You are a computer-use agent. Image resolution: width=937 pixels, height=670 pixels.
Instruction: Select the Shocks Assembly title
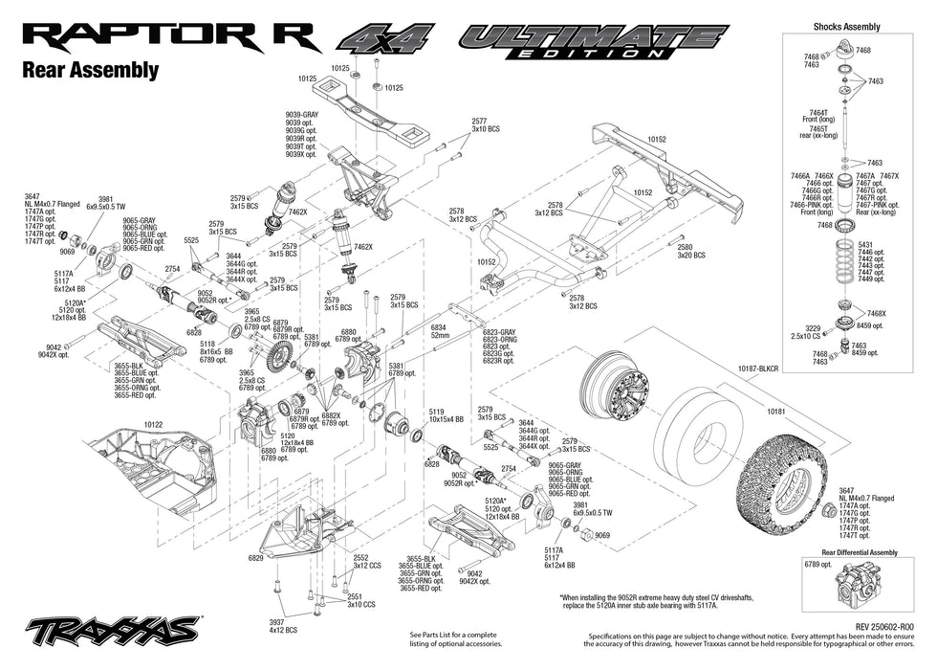tap(846, 27)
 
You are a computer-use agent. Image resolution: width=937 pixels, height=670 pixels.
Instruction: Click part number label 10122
tap(154, 422)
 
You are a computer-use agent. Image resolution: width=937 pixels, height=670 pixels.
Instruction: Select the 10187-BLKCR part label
tap(758, 367)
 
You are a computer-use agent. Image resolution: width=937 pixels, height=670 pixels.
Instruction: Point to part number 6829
tap(255, 558)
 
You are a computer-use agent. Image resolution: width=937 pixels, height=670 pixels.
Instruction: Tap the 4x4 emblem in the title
tap(388, 41)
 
